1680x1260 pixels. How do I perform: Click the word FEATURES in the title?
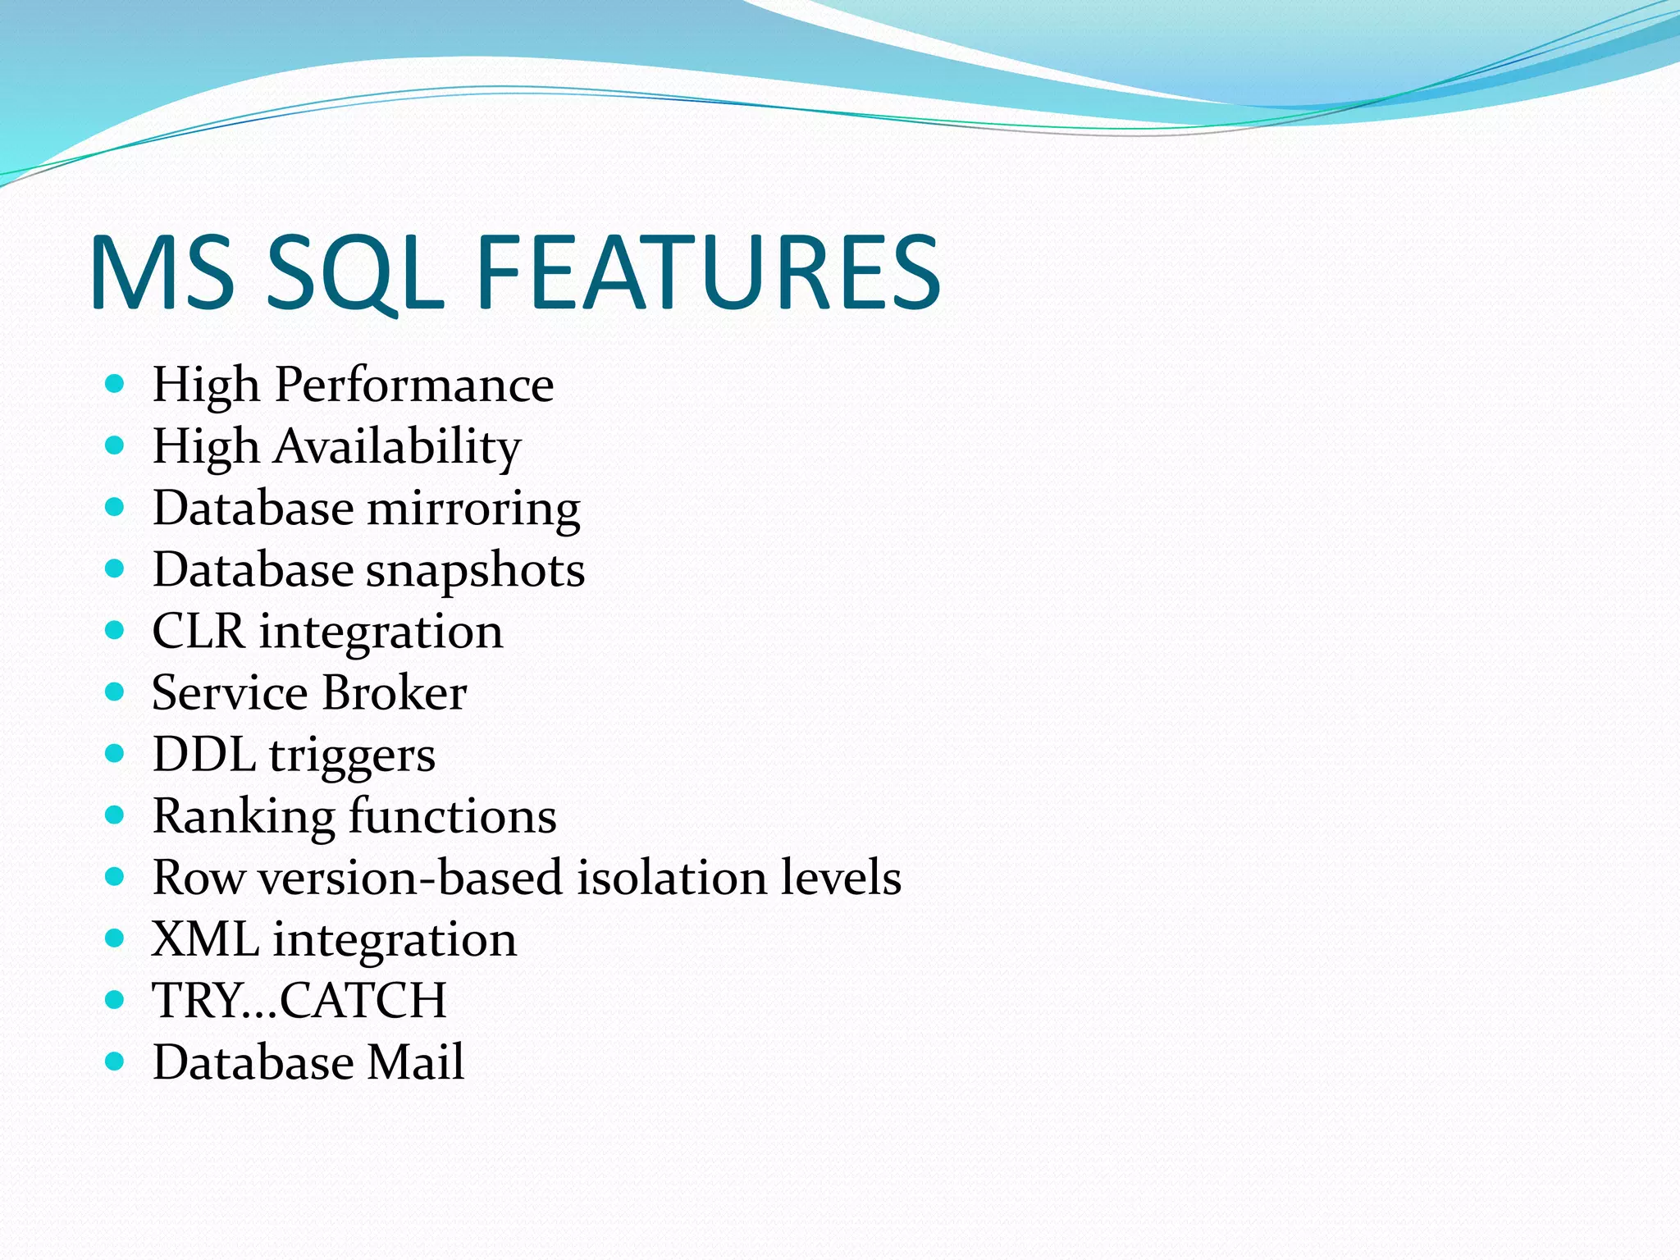coord(707,272)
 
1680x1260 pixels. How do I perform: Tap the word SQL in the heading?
coord(354,272)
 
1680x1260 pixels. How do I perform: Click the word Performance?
coord(414,385)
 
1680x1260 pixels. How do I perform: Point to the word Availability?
coord(398,447)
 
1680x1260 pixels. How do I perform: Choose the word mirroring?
coord(473,509)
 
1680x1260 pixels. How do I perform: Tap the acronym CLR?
coord(199,632)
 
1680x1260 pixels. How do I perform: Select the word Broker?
coord(395,693)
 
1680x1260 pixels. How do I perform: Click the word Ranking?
coord(244,817)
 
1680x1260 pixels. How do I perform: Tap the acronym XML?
coord(205,939)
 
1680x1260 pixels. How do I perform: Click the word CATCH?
coord(363,1001)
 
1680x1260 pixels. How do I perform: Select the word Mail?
coord(415,1062)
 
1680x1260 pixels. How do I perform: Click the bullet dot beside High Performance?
coord(115,384)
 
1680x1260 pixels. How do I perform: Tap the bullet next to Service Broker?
coord(115,692)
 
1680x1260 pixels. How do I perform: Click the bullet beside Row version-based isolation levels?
coord(115,877)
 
